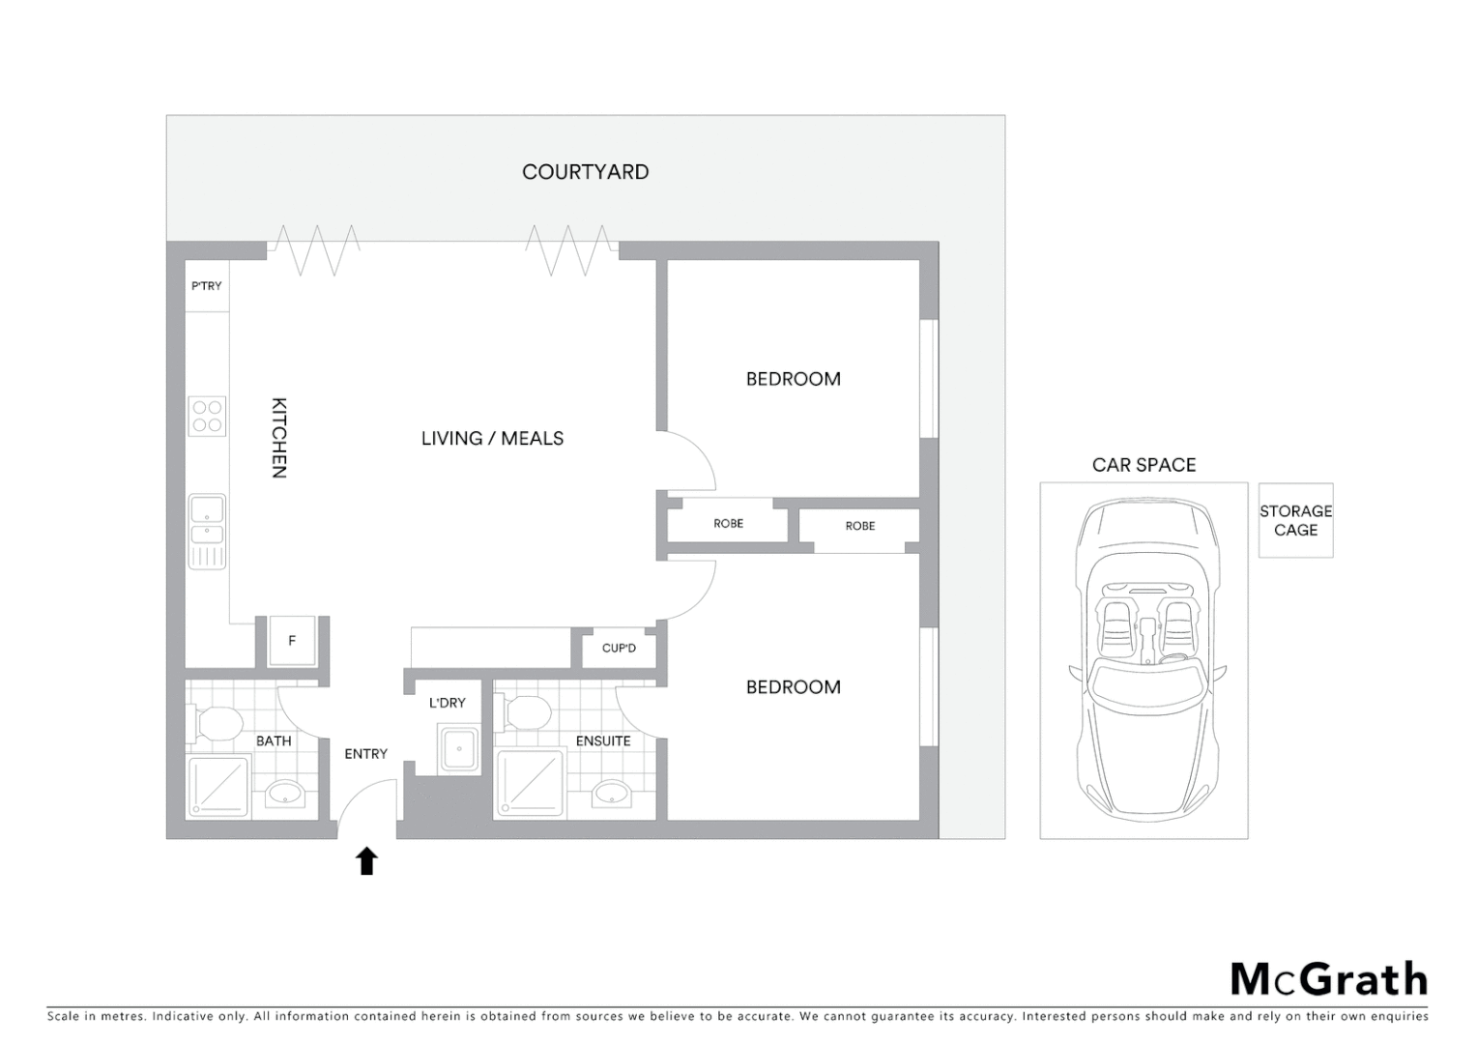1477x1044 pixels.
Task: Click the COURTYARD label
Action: point(585,172)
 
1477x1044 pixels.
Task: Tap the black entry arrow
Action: point(366,860)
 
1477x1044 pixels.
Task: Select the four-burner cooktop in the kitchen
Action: point(207,417)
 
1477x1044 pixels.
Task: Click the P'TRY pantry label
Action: point(206,286)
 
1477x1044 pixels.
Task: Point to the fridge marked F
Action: point(292,641)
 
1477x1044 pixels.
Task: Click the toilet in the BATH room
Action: point(217,721)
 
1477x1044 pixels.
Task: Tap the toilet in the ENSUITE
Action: point(526,713)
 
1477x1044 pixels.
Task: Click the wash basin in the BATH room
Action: point(284,794)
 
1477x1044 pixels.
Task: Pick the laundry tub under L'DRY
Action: point(458,750)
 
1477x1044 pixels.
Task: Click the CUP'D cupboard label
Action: point(619,648)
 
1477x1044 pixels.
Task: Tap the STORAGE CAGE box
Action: point(1295,520)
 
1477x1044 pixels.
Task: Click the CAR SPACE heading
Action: point(1144,465)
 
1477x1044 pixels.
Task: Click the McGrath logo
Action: point(1329,979)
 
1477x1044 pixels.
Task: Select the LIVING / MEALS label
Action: point(492,438)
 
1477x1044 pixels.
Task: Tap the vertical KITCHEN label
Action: point(278,438)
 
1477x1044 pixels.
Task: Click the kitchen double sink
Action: point(207,520)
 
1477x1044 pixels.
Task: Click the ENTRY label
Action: point(365,754)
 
